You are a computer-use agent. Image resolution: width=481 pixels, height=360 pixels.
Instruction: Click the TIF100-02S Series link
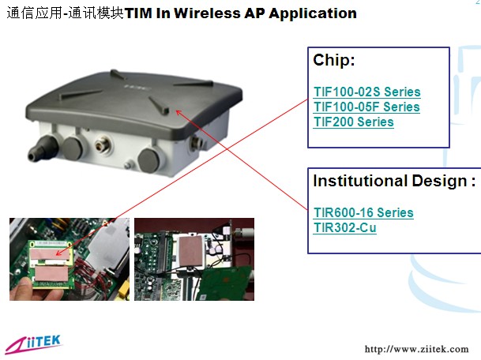[x=367, y=92]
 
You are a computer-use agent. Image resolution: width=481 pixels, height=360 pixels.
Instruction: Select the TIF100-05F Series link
[x=366, y=107]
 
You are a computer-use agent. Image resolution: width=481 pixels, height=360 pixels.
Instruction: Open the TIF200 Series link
[x=353, y=122]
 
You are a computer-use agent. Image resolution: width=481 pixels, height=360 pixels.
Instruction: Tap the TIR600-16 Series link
[x=363, y=213]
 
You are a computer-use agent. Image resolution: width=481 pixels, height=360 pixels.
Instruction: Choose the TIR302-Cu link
[x=345, y=228]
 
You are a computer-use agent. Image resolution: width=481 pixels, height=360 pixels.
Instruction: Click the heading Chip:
[x=334, y=60]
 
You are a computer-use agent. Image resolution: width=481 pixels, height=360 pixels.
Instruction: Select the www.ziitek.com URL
[x=416, y=349]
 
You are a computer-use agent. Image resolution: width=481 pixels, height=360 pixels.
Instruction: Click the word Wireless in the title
[x=208, y=13]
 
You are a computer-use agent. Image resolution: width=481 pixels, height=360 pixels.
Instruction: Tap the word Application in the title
[x=313, y=13]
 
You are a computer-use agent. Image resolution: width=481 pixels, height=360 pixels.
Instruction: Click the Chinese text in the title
[x=65, y=13]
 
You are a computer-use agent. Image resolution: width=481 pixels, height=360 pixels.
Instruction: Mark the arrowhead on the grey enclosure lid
[x=178, y=112]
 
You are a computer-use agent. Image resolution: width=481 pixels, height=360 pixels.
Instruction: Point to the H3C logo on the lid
[x=137, y=87]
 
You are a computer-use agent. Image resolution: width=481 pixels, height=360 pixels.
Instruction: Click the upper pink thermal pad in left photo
[x=51, y=254]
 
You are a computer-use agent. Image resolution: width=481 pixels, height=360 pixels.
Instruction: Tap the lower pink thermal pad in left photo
[x=51, y=273]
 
